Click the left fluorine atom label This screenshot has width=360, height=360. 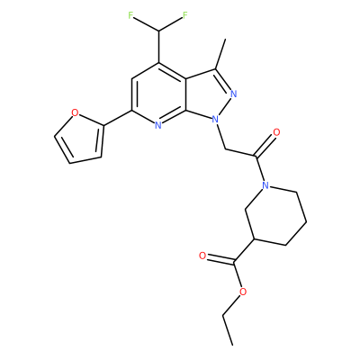[130, 15]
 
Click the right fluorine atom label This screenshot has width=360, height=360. [185, 15]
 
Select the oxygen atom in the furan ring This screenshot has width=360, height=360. [76, 112]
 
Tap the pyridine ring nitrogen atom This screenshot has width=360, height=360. [158, 125]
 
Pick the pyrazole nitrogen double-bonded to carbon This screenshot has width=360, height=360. [234, 94]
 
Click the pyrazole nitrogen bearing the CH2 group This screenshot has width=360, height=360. [215, 120]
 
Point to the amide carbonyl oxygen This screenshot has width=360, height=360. [276, 132]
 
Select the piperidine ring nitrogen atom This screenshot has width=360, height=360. [265, 185]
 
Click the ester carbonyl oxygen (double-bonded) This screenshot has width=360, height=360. [202, 256]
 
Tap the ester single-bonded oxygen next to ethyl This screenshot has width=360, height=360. [243, 292]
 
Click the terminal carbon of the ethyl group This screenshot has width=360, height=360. [233, 345]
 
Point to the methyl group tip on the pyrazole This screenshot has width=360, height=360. [225, 40]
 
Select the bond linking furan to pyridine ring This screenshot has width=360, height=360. [118, 117]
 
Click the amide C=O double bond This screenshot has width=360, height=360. [264, 146]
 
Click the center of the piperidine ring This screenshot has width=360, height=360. [275, 215]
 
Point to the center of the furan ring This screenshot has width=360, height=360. [81, 139]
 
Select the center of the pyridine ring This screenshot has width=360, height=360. [159, 94]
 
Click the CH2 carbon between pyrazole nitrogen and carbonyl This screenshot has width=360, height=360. [225, 149]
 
